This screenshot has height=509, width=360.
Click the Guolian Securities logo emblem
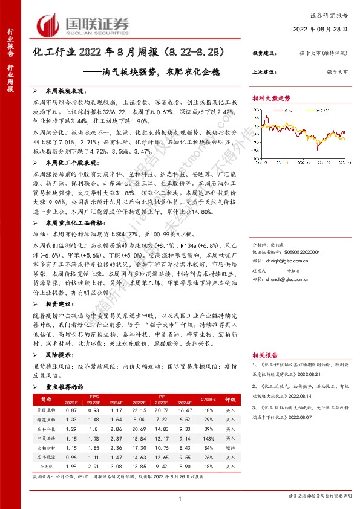48,24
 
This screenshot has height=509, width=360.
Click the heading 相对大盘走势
271,97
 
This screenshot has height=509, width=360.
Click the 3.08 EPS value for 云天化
116,467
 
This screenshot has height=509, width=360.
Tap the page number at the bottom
180,498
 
